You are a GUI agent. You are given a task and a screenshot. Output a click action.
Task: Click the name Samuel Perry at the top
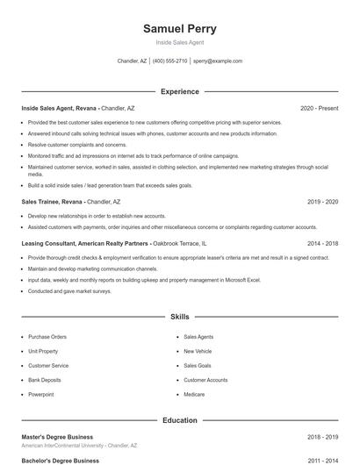(x=180, y=29)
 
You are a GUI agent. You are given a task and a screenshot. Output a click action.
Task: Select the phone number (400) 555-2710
(x=170, y=61)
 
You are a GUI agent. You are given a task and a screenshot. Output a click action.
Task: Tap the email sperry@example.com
(x=218, y=61)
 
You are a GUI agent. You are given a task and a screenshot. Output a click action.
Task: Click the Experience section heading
(x=180, y=91)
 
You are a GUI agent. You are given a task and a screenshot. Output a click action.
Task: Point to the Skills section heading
(x=180, y=316)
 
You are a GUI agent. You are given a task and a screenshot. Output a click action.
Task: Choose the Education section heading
(x=180, y=420)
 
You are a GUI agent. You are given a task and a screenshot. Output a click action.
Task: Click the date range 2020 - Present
(x=319, y=108)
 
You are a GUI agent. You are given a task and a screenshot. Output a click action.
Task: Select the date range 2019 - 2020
(x=322, y=202)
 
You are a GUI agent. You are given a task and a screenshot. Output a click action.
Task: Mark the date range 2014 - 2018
(x=322, y=243)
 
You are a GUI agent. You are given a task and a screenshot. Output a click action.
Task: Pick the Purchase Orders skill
(x=47, y=336)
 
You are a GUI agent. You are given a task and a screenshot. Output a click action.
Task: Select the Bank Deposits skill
(x=45, y=380)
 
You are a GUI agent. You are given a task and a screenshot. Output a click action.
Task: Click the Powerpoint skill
(x=41, y=395)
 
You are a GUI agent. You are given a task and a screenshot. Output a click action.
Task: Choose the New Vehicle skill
(x=198, y=351)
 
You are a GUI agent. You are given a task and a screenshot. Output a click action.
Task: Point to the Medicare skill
(x=194, y=395)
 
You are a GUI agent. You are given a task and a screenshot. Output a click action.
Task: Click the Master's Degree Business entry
(x=57, y=437)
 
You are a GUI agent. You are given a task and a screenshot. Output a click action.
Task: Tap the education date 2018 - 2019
(x=322, y=437)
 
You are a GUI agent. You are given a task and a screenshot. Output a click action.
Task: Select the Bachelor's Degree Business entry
(x=60, y=460)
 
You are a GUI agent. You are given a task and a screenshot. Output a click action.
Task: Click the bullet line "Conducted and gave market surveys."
(x=70, y=291)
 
